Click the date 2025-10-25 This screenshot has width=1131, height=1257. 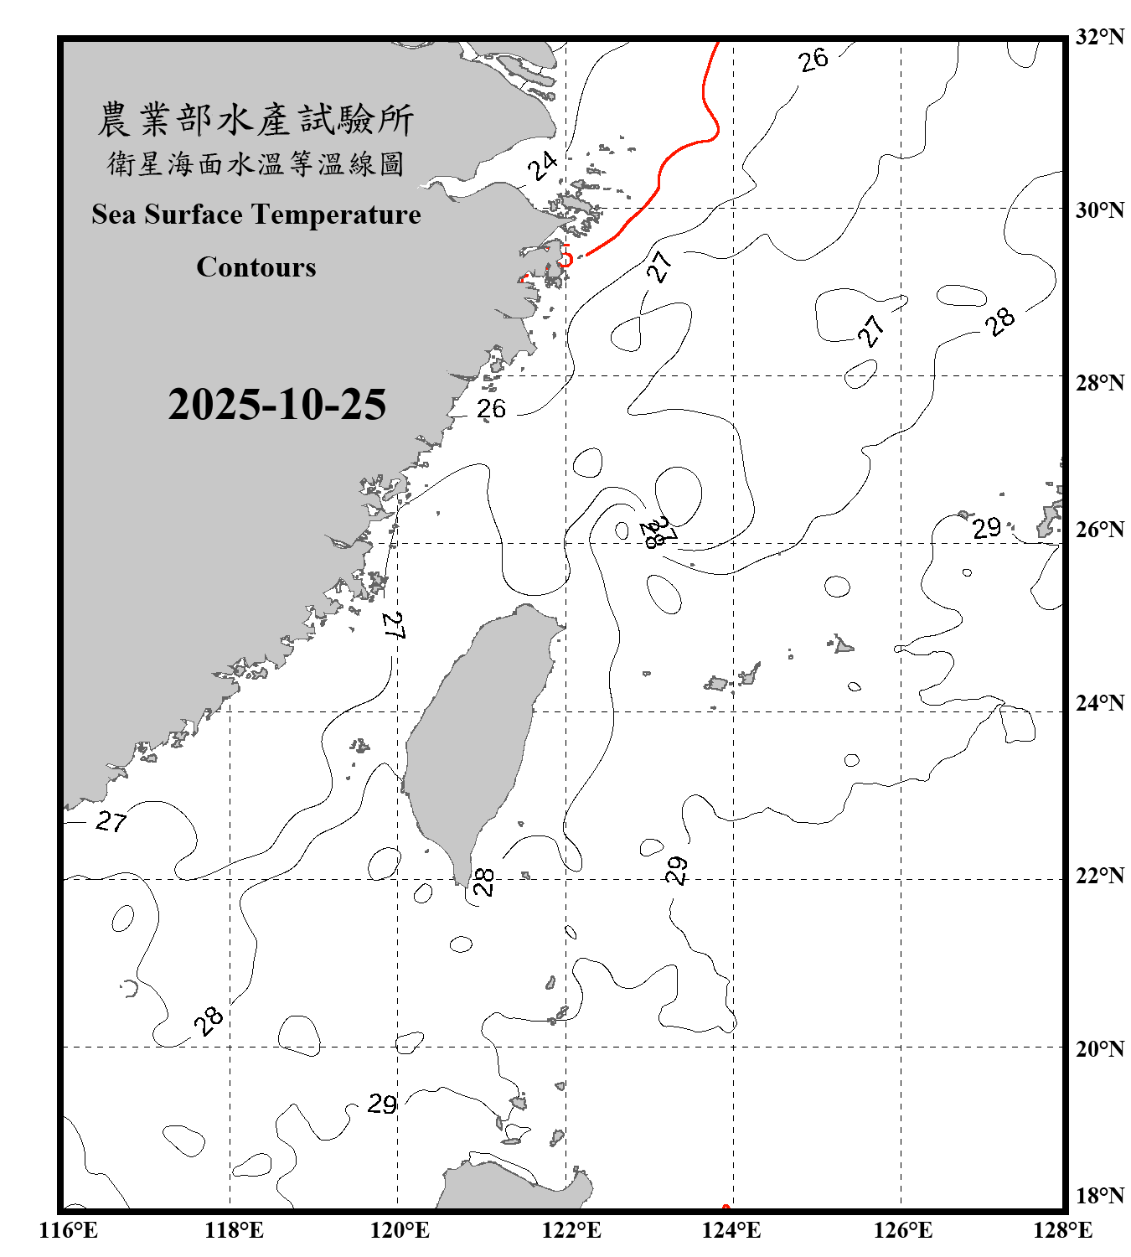pyautogui.click(x=276, y=405)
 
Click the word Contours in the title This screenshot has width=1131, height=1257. pyautogui.click(x=256, y=267)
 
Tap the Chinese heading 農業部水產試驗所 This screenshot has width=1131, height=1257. pyautogui.click(x=256, y=120)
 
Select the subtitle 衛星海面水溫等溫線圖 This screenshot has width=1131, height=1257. pyautogui.click(x=256, y=163)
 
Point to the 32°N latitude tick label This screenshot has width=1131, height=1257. pyautogui.click(x=1099, y=37)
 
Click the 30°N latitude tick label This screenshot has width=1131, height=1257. pyautogui.click(x=1099, y=210)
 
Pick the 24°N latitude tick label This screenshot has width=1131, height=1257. pyautogui.click(x=1099, y=703)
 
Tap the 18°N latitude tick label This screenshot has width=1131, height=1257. pyautogui.click(x=1099, y=1196)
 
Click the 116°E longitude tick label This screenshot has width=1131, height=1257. pyautogui.click(x=69, y=1230)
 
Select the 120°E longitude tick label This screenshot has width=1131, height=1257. pyautogui.click(x=400, y=1230)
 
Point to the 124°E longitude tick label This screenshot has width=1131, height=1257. pyautogui.click(x=731, y=1230)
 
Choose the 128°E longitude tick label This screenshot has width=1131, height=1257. pyautogui.click(x=1062, y=1230)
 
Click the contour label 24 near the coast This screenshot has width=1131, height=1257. pyautogui.click(x=542, y=166)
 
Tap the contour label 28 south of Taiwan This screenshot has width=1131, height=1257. pyautogui.click(x=484, y=882)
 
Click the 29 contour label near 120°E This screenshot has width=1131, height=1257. pyautogui.click(x=382, y=1104)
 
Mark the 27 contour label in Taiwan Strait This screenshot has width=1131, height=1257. pyautogui.click(x=393, y=626)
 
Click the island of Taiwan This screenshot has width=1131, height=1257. pyautogui.click(x=473, y=737)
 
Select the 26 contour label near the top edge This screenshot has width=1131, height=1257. pyautogui.click(x=813, y=59)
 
